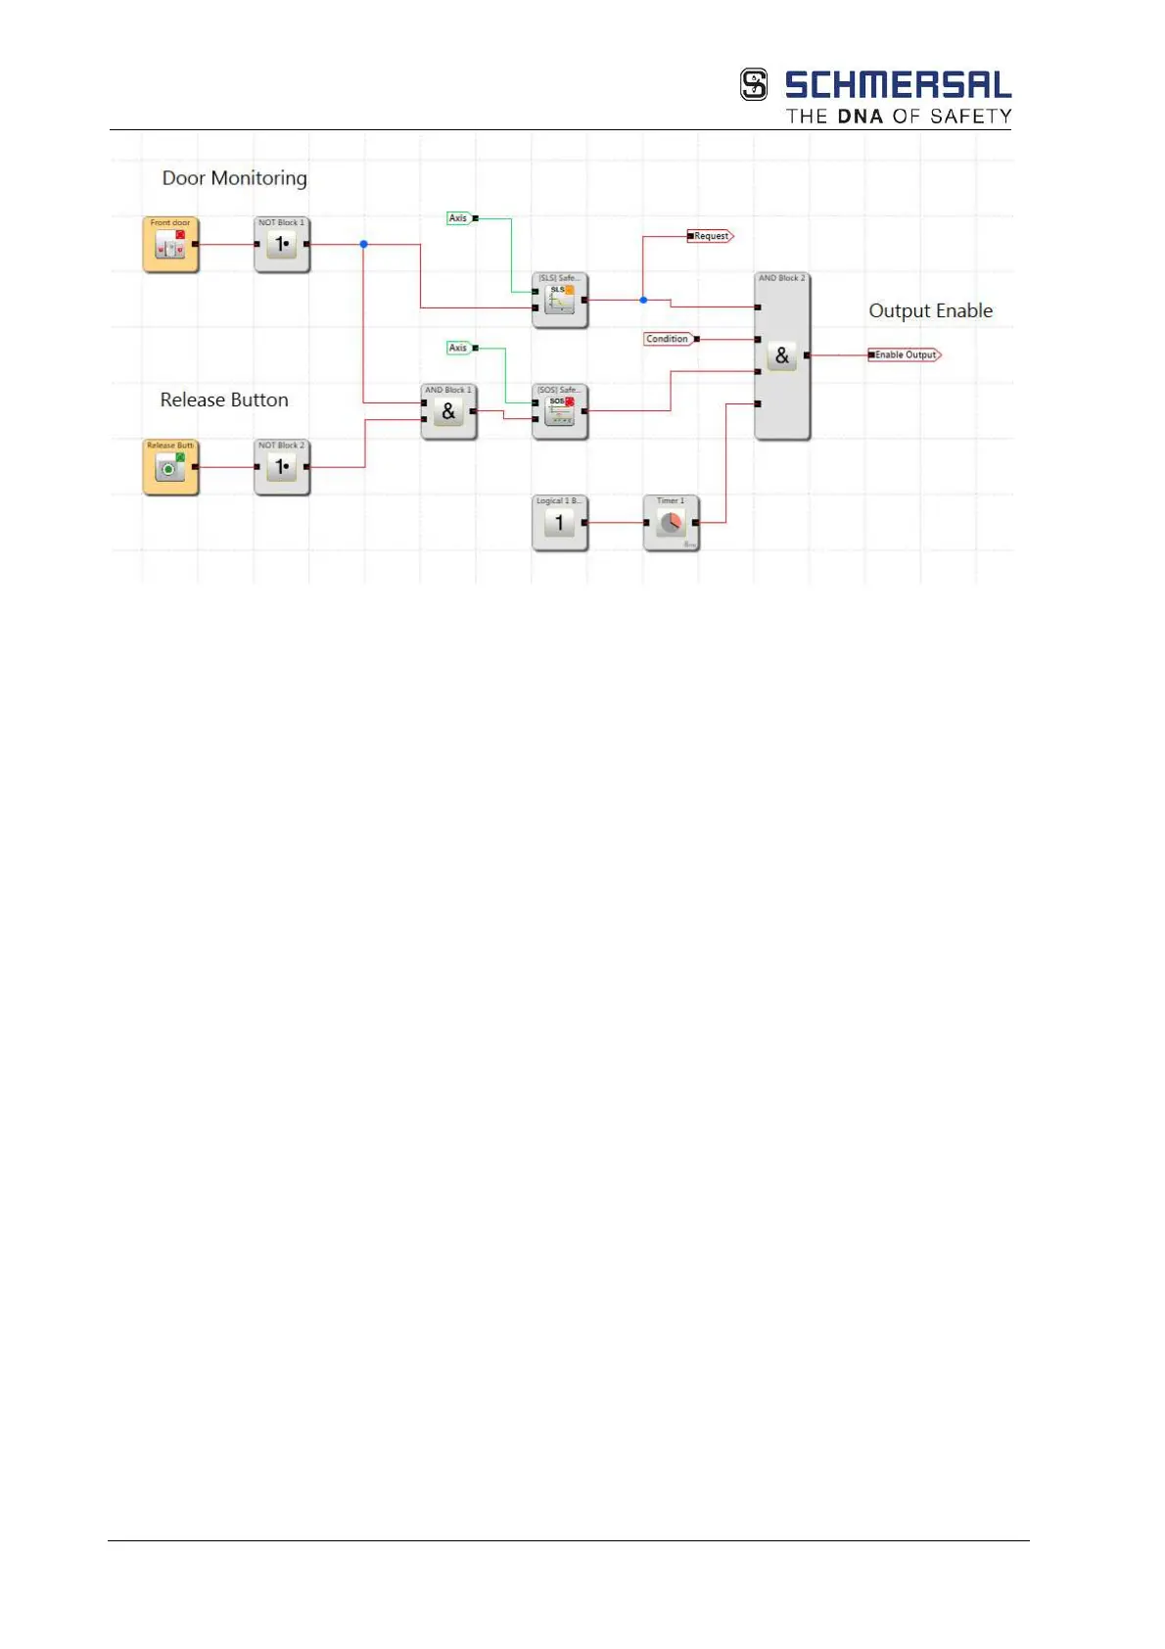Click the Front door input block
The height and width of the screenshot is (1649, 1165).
170,245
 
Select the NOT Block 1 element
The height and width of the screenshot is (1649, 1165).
282,245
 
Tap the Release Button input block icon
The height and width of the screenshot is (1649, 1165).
170,468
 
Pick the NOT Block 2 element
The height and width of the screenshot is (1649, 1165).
282,468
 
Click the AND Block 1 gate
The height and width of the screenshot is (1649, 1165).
448,412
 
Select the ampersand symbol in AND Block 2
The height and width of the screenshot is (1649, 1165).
781,356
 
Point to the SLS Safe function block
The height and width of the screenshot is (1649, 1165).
560,301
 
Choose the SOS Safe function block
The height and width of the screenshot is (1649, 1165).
560,412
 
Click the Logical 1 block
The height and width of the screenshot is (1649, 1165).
560,524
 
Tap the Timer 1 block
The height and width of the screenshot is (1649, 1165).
671,524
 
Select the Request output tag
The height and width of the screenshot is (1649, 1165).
711,236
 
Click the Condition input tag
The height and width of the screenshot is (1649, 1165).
668,339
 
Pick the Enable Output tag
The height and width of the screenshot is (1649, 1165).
906,355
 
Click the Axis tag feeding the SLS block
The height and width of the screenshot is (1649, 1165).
458,218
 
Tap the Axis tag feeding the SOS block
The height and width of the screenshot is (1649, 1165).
458,348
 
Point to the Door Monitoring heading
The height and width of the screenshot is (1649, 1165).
234,178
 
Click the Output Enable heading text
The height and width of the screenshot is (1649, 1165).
930,311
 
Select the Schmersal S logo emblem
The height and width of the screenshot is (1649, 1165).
754,85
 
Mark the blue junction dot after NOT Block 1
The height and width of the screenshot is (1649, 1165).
363,244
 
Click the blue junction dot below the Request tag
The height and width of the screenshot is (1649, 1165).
643,300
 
